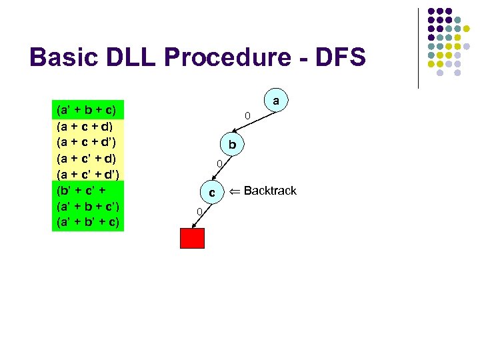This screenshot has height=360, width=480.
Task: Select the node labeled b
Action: [x=232, y=145]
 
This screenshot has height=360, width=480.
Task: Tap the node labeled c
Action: [x=212, y=192]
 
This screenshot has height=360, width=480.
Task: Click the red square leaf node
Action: [x=192, y=238]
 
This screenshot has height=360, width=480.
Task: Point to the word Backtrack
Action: [x=270, y=191]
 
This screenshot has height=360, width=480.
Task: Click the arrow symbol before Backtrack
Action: [x=234, y=191]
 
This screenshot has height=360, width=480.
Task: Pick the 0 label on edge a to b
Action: [x=247, y=117]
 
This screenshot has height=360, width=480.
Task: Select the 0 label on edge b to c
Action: [x=217, y=164]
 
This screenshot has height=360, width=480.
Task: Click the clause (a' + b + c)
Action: [x=86, y=109]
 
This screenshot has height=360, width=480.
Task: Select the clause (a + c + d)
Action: [x=86, y=125]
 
